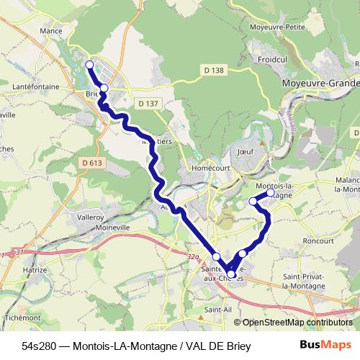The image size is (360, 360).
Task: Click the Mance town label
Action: click(x=50, y=32)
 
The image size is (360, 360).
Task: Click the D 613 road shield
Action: click(x=93, y=163)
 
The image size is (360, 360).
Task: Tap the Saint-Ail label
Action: click(x=217, y=310)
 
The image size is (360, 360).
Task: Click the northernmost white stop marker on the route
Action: click(x=90, y=65)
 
